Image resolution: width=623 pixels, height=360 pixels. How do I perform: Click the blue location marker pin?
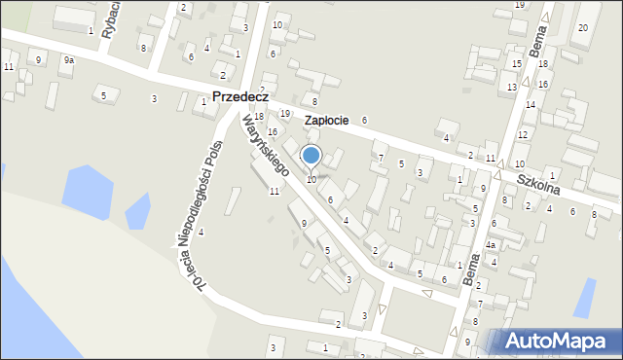point(311,156)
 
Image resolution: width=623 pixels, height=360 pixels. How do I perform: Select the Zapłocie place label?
point(326,120)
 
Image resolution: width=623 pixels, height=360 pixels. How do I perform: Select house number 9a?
point(68,60)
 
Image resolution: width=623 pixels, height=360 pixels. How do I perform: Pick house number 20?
point(582,27)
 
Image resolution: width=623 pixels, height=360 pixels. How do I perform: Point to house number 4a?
point(492,245)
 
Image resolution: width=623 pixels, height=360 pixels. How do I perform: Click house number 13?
point(511,88)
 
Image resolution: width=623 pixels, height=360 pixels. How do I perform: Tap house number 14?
point(531,104)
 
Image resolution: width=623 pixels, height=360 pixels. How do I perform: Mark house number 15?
point(516,63)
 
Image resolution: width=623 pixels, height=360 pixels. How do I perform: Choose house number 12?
point(523,134)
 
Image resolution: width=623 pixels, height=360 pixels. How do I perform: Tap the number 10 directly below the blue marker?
point(311,179)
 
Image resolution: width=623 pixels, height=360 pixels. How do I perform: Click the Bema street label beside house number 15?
point(536,43)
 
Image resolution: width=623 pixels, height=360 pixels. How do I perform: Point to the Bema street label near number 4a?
point(474,268)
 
